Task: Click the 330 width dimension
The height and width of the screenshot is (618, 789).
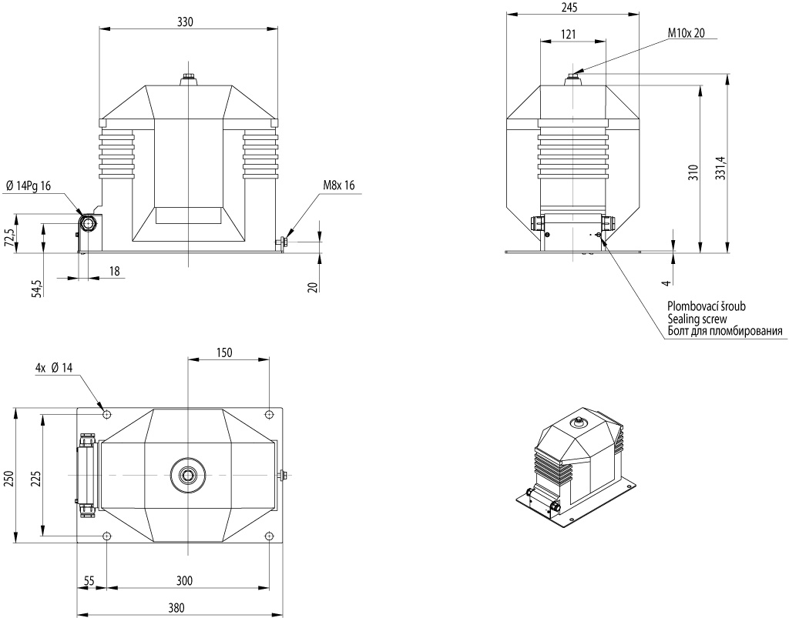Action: coord(185,22)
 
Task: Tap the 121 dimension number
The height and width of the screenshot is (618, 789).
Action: coord(568,34)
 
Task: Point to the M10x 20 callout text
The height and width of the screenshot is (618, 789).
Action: coord(687,32)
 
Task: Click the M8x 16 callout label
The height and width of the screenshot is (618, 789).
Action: coord(339,185)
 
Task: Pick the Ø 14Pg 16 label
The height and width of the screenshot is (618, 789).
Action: coord(29,186)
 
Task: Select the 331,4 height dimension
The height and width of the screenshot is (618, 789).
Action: coord(721,168)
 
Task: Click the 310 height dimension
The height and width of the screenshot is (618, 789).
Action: coord(694,173)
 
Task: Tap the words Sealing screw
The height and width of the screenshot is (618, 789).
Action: coord(697,319)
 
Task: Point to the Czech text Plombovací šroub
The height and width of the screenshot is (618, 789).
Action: coord(707,306)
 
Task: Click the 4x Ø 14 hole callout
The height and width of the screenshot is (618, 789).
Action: coord(54,368)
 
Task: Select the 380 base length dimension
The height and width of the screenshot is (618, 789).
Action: coord(176,607)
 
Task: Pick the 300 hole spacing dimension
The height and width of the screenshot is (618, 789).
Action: coord(184,581)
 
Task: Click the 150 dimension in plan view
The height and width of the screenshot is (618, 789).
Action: coord(224,352)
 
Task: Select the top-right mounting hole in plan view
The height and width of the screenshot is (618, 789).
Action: coord(269,415)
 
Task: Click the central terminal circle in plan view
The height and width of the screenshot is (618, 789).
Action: coord(188,475)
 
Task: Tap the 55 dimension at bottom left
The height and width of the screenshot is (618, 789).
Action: coord(89,581)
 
